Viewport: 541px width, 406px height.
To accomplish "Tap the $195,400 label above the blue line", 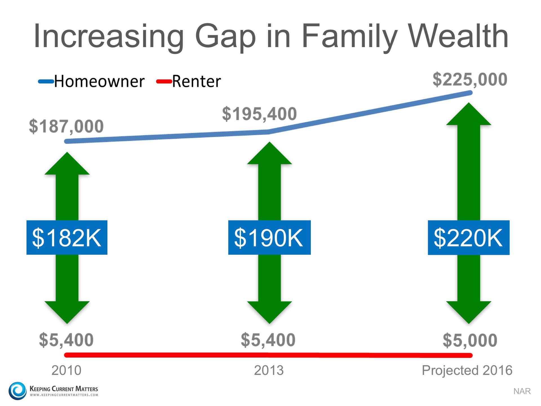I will (x=259, y=114).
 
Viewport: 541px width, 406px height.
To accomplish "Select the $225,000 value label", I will (x=470, y=79).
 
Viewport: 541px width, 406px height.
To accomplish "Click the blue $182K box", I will (x=67, y=237).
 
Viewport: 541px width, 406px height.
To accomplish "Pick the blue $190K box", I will (x=269, y=237).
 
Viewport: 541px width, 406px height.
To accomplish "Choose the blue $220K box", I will (x=468, y=238).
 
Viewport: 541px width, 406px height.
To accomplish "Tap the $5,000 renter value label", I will (x=470, y=340).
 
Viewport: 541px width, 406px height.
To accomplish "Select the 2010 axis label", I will (x=66, y=370).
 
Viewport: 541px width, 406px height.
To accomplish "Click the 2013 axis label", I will (x=269, y=370).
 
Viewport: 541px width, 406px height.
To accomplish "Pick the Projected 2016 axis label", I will (x=467, y=370).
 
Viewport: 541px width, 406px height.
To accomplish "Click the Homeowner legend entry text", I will (x=99, y=81).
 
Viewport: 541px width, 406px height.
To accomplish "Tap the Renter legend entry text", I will (x=196, y=81).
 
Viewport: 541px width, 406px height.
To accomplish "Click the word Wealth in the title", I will (x=458, y=36).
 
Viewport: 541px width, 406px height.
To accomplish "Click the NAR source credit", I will (x=522, y=391).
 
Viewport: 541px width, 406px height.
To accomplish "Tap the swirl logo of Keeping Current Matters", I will (x=17, y=390).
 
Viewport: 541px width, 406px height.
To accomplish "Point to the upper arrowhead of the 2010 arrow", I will (x=67, y=165).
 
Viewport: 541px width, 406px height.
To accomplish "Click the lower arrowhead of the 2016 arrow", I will (x=469, y=312).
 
